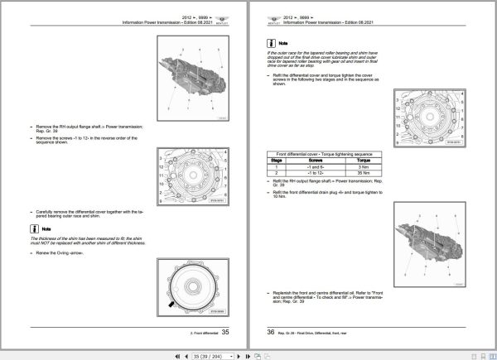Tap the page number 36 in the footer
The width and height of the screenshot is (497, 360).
(x=269, y=331)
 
